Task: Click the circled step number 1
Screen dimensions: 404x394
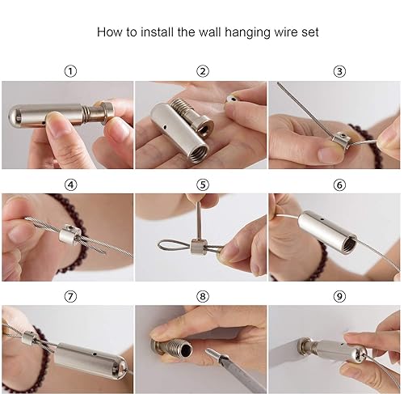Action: [70, 71]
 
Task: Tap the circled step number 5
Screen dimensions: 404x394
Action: [203, 184]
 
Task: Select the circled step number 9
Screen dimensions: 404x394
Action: [339, 296]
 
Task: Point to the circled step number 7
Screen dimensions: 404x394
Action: [70, 296]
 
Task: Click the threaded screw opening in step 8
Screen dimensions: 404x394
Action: [186, 350]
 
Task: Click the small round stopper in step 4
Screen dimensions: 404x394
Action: [69, 235]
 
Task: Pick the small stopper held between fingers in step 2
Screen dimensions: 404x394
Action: [233, 99]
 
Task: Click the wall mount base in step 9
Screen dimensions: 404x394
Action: [304, 347]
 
